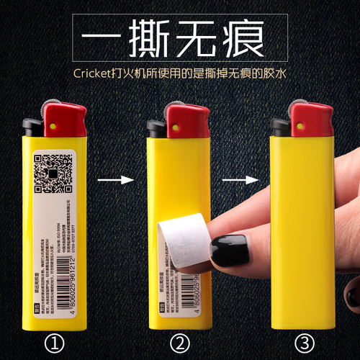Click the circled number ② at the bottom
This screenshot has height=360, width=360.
pyautogui.click(x=179, y=338)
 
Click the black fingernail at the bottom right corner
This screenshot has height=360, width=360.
pyautogui.click(x=351, y=295)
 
